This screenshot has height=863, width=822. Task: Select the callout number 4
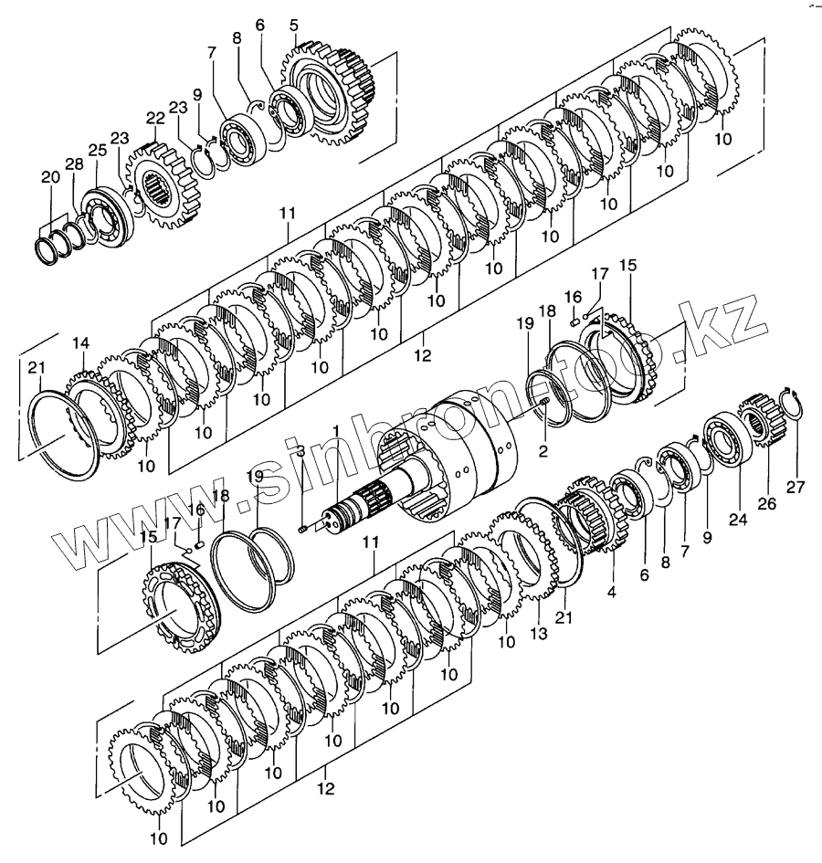pyautogui.click(x=611, y=591)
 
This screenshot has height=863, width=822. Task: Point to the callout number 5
pyautogui.click(x=294, y=25)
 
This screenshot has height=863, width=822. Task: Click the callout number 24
pyautogui.click(x=737, y=521)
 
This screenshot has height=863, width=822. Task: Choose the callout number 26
pyautogui.click(x=767, y=502)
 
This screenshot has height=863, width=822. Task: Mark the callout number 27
pyautogui.click(x=796, y=486)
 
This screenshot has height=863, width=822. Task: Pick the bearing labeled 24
pyautogui.click(x=727, y=443)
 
